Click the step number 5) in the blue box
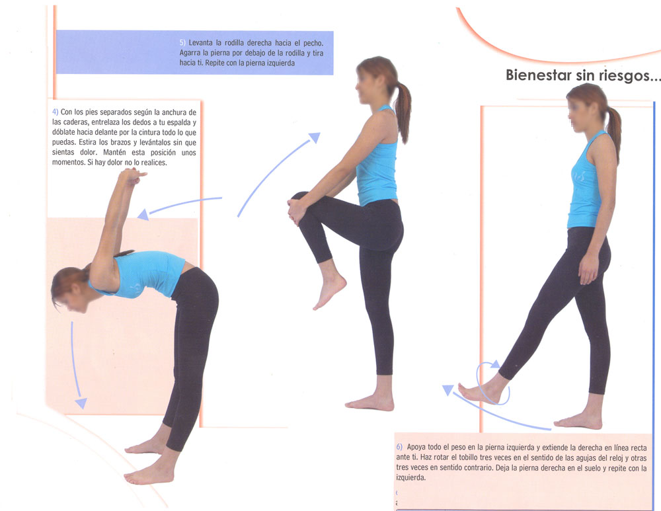[x=182, y=42]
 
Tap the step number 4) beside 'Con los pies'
[x=55, y=112]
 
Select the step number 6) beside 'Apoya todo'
[x=399, y=447]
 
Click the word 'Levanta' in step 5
[x=200, y=42]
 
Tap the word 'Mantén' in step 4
[x=115, y=152]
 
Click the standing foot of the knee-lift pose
[x=370, y=403]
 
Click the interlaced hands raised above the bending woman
[x=134, y=176]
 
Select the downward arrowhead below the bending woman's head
[x=81, y=403]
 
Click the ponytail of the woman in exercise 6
[x=614, y=131]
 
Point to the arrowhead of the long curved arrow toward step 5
[x=315, y=138]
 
